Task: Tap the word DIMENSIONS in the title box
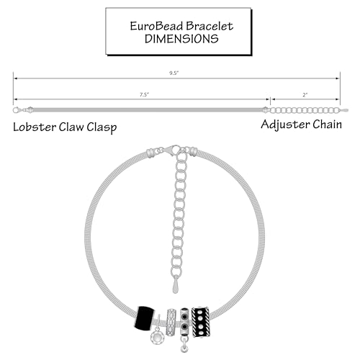tap(181, 39)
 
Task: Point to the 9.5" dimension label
tap(174, 73)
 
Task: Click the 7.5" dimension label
tap(144, 95)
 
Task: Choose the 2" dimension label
tap(305, 95)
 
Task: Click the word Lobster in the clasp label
tap(35, 127)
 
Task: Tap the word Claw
tap(71, 127)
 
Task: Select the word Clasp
tap(102, 127)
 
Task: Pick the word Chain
tap(328, 125)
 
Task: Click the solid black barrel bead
tap(144, 318)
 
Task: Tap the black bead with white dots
tap(201, 322)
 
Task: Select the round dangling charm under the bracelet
tap(156, 338)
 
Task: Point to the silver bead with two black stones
tap(184, 323)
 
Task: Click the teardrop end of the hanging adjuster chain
tap(176, 285)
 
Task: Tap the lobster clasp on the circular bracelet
tap(172, 150)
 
